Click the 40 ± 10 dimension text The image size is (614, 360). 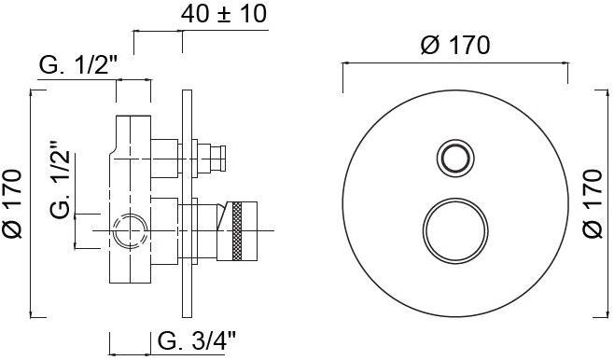pos(224,15)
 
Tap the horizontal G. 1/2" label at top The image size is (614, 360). pos(78,64)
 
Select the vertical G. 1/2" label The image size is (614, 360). pos(60,180)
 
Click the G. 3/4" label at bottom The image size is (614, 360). pos(197,340)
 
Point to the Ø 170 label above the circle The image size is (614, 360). pos(455,45)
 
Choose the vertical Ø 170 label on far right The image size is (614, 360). pos(592,203)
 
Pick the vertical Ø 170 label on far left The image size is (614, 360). pos(12,203)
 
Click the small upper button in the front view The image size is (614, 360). pos(455,159)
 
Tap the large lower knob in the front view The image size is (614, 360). pos(455,231)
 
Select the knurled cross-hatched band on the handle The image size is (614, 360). pos(237,231)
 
